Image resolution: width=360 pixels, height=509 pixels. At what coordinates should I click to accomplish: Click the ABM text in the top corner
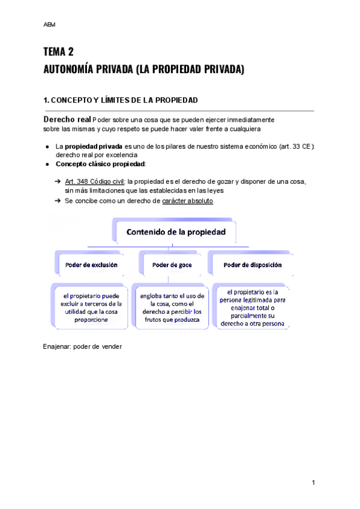point(49,25)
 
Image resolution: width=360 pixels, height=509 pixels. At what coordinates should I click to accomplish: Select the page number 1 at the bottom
point(313,483)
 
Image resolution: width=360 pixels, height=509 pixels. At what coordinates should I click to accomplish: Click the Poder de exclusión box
point(88,264)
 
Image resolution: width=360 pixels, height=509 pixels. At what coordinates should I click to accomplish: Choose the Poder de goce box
point(168,264)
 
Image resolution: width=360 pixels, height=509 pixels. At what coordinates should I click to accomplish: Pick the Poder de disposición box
point(252,264)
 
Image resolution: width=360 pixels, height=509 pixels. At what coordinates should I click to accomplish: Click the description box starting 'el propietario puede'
point(88,307)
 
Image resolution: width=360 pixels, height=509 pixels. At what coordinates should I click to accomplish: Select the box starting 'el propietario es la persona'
point(252,307)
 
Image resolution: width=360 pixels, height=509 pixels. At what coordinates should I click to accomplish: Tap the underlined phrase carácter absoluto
point(187,201)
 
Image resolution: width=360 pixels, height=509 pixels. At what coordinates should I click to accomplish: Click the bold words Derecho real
point(67,119)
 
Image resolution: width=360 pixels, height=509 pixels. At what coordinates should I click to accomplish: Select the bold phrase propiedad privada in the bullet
point(94,146)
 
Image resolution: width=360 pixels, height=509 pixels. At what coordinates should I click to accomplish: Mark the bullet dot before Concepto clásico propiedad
point(47,164)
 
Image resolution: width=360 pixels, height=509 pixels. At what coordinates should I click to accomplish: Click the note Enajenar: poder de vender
point(83,346)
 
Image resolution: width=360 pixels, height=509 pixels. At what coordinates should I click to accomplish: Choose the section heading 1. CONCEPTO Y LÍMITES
point(121,100)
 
